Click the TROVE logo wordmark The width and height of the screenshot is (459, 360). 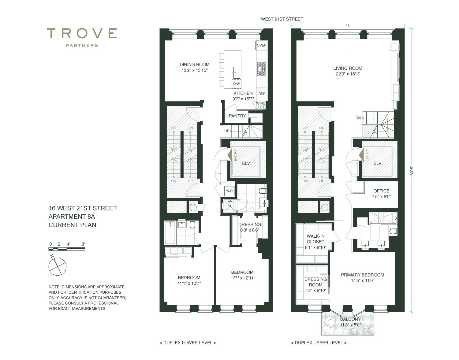coord(82,33)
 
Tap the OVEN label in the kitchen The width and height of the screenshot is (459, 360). coord(262,45)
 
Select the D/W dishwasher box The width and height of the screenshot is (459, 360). coord(236,84)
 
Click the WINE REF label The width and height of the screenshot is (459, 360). coord(261,105)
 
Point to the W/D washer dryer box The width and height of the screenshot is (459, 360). coord(229,191)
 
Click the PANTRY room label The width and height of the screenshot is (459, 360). coord(237,116)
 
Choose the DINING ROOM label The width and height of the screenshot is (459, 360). coord(195,65)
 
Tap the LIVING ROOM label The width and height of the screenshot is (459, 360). coord(348,68)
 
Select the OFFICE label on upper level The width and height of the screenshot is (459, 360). coord(381,191)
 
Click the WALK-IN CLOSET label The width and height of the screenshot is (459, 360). coord(315,239)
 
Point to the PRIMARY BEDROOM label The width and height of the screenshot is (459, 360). coord(363,275)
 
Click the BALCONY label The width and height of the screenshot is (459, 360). coord(350,319)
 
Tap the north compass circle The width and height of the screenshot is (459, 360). coord(58,266)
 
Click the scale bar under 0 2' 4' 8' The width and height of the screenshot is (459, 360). coord(67,249)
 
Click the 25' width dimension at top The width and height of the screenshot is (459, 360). coord(348,26)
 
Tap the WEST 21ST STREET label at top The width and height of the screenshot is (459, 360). coord(282,19)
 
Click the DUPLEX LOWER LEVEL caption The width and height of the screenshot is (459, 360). coord(188,343)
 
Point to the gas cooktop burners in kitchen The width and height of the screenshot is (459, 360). coord(262,69)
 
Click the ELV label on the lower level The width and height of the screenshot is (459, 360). coord(246,163)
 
